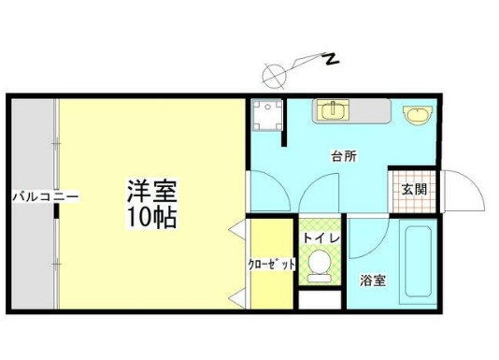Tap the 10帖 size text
(152, 219)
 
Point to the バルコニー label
(33, 196)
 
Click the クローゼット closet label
(272, 265)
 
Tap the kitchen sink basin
(331, 110)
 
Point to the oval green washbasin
(417, 114)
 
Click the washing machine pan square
(267, 116)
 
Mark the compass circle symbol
(275, 70)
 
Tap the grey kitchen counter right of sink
(370, 111)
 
